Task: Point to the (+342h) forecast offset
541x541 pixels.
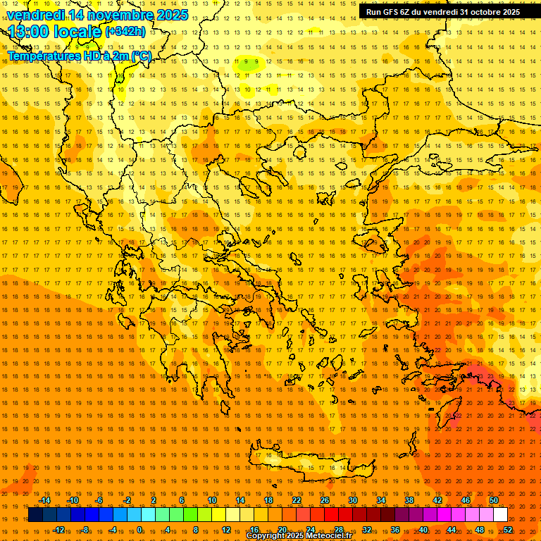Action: [125, 32]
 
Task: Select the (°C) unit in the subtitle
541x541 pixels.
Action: [139, 56]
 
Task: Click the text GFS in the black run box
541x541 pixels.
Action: [394, 12]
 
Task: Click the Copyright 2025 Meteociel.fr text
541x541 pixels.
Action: [299, 536]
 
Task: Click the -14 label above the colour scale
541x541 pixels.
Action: [44, 500]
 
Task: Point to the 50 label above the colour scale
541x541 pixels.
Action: [494, 500]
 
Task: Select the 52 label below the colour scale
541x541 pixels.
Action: [508, 530]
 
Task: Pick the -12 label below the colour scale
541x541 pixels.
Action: [58, 530]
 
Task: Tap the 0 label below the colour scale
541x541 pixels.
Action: [140, 530]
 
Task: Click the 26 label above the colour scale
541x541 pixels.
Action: [324, 500]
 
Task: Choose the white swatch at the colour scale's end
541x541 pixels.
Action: [501, 515]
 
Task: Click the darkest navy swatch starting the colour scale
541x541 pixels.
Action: [35, 515]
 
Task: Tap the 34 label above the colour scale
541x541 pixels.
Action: [380, 500]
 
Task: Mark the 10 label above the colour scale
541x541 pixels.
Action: [211, 500]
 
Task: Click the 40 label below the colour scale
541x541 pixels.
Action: [423, 530]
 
